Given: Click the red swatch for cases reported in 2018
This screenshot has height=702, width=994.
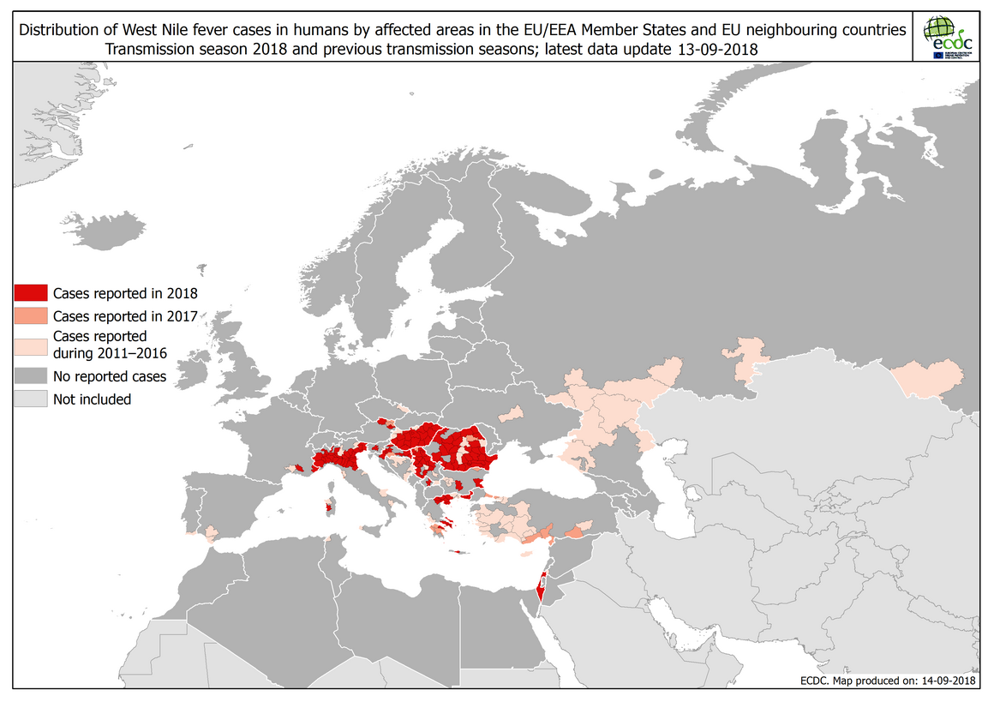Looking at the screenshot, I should [x=30, y=291].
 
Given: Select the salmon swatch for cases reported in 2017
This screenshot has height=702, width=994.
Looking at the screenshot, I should [x=30, y=315].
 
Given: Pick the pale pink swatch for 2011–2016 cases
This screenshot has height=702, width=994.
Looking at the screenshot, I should [x=30, y=345].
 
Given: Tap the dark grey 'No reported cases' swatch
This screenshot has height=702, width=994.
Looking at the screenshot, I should [x=30, y=375].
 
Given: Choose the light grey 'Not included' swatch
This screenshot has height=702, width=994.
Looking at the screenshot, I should [x=30, y=399].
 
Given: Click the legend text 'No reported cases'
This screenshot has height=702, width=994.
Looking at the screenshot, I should [x=110, y=375].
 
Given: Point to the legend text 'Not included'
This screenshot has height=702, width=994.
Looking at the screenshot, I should [x=92, y=399].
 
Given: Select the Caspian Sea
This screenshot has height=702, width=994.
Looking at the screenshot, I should [x=677, y=497].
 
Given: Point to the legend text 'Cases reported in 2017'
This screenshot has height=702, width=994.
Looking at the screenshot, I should [x=125, y=315].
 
